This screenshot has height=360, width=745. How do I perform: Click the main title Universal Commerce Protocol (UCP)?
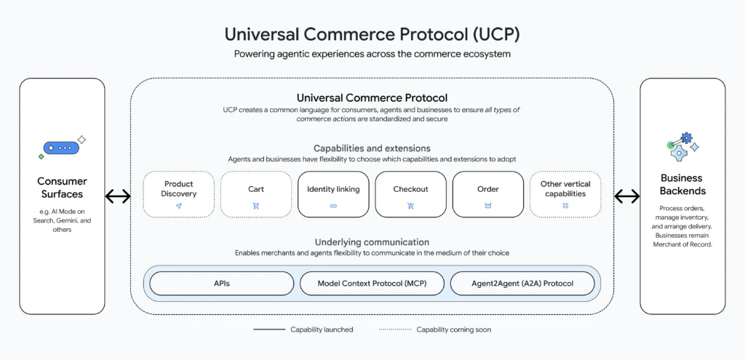372,34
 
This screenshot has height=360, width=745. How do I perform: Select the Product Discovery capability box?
178,194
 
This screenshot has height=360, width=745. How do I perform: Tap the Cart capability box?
255,194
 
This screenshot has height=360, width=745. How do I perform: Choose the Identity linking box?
333,194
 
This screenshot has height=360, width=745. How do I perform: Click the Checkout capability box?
410,194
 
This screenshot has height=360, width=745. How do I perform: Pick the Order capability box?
487,194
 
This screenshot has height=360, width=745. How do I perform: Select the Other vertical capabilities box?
565,194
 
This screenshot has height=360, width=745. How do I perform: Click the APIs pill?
222,284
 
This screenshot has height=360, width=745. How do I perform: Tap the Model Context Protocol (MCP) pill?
372,284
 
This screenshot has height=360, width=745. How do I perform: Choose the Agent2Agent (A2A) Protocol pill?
522,284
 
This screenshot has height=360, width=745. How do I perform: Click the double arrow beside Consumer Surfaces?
118,196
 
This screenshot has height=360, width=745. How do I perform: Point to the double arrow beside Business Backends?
626,196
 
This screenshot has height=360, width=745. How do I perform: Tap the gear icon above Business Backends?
682,146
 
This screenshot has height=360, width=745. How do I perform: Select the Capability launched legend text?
322,329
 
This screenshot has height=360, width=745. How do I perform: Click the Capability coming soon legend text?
453,329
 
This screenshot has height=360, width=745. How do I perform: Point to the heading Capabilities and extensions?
372,148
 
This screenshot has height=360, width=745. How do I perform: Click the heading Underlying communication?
372,242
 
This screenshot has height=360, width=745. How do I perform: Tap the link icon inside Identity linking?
333,206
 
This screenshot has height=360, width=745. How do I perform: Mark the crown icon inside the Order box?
487,206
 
